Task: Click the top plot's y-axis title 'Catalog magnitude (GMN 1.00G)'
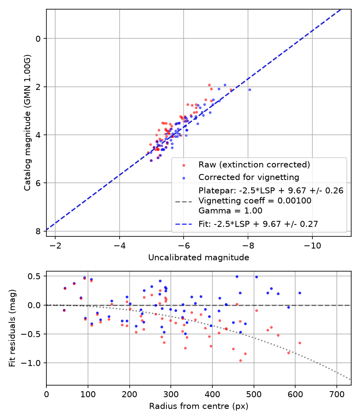click(x=27, y=123)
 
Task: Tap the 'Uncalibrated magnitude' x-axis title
click(x=198, y=258)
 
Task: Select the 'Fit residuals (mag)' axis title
click(x=12, y=328)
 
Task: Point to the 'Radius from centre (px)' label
click(x=198, y=406)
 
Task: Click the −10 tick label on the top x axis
click(x=312, y=245)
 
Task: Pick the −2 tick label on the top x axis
click(x=55, y=245)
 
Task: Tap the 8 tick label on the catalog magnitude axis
click(x=38, y=231)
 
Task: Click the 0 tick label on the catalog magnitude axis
click(x=38, y=38)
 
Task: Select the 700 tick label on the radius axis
click(x=336, y=394)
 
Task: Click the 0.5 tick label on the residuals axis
click(x=35, y=276)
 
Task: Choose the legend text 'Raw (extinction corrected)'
click(x=254, y=164)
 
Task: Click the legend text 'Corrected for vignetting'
click(x=249, y=177)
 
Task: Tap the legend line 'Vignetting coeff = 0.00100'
click(x=255, y=201)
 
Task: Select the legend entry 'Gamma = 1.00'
click(x=230, y=210)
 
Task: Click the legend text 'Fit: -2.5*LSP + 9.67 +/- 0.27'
click(x=258, y=224)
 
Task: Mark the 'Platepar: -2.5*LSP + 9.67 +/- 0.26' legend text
click(x=271, y=190)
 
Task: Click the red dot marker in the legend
click(x=184, y=165)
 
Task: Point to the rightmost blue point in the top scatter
click(x=250, y=90)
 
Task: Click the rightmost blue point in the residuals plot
click(x=300, y=293)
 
